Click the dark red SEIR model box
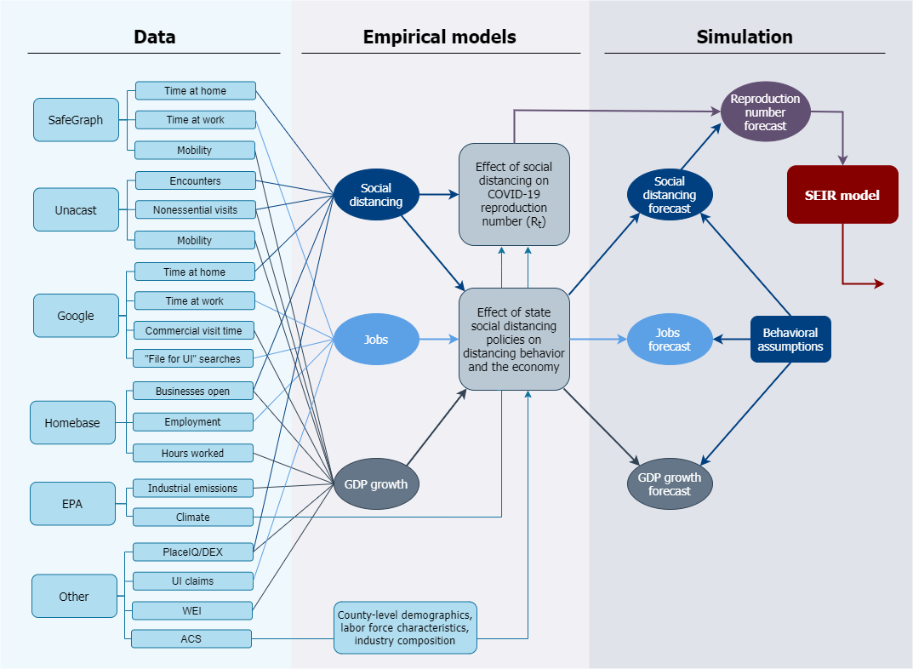click(x=842, y=195)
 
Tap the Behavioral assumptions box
click(x=790, y=340)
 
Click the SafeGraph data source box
click(x=76, y=120)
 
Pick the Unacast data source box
click(x=76, y=209)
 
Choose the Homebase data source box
click(x=72, y=422)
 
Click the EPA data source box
click(x=72, y=503)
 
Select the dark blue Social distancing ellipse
click(x=375, y=195)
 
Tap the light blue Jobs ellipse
click(x=375, y=340)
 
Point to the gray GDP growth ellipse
click(x=375, y=484)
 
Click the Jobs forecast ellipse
click(x=670, y=340)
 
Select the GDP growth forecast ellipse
click(x=670, y=484)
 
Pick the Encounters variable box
click(x=195, y=180)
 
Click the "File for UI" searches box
click(x=192, y=358)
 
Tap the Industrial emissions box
click(x=192, y=488)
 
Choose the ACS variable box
click(x=191, y=638)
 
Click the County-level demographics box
click(x=405, y=627)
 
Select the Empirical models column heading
click(x=439, y=37)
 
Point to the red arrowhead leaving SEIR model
click(x=878, y=283)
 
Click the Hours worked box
click(x=192, y=453)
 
